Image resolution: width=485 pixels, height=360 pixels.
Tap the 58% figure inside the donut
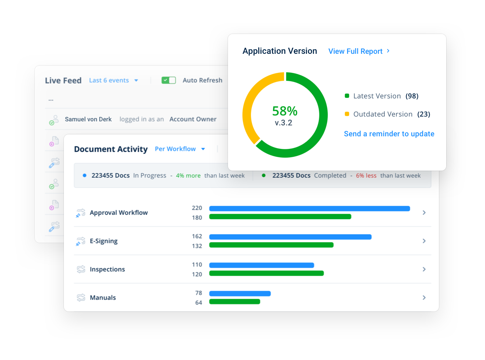tap(285, 111)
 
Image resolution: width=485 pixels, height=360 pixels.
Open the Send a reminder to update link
tap(389, 134)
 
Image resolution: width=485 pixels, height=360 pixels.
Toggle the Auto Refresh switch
tap(169, 80)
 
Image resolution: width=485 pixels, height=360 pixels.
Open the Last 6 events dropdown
tap(114, 80)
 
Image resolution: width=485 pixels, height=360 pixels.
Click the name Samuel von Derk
tap(88, 119)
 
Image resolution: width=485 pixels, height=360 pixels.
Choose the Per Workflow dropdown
tap(180, 149)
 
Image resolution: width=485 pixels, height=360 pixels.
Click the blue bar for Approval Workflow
tap(309, 209)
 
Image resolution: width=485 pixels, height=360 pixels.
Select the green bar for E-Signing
tap(271, 245)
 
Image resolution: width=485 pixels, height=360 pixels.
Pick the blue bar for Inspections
tap(261, 265)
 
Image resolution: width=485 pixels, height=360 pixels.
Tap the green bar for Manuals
tap(234, 301)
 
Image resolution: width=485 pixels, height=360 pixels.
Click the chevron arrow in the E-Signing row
tap(424, 241)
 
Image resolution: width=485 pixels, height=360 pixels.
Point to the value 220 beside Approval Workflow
tap(197, 208)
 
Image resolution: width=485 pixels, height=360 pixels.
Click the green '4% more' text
tap(188, 176)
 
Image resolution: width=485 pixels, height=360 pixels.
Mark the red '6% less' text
tap(366, 176)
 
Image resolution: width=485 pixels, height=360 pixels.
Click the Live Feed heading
tap(63, 80)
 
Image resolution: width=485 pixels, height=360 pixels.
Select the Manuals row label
tap(103, 298)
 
